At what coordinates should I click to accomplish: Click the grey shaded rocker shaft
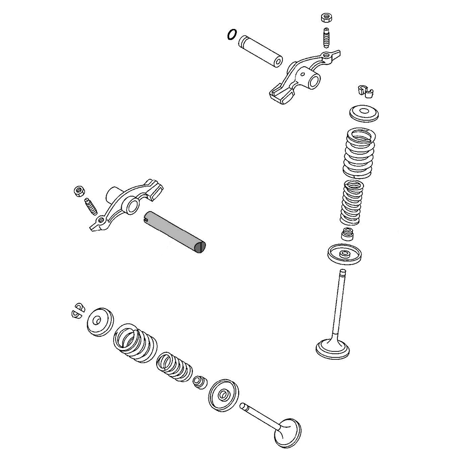tap(175, 232)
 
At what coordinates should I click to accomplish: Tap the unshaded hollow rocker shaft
tap(260, 49)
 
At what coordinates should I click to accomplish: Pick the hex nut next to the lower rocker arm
tap(79, 191)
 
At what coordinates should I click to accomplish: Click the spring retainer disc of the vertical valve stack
tap(364, 113)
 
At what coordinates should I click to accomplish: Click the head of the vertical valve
tap(333, 349)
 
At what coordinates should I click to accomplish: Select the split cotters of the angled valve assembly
tap(77, 311)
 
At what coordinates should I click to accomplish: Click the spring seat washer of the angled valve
tap(224, 395)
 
